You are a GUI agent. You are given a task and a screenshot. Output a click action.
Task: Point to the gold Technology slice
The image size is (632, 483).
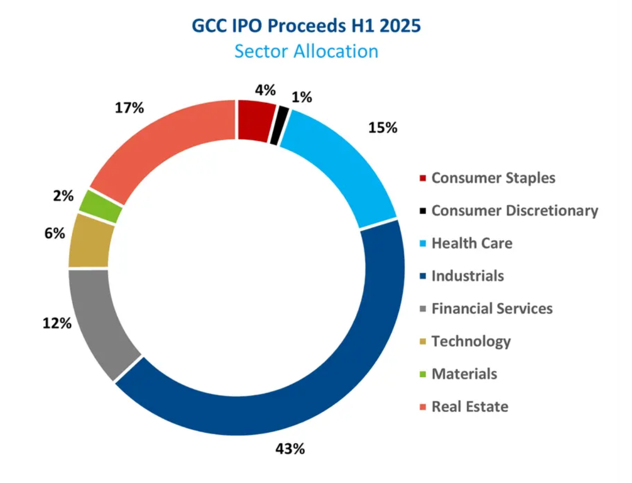tap(89, 241)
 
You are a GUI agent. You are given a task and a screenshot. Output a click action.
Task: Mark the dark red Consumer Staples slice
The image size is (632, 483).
tap(255, 121)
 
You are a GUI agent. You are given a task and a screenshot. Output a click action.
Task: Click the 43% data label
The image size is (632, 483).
tap(290, 449)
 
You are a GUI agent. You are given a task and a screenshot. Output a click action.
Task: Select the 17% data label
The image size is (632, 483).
tap(129, 108)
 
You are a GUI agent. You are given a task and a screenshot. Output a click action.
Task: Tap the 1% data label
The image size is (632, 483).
tap(301, 97)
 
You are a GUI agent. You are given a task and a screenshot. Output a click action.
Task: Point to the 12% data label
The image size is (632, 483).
tap(57, 323)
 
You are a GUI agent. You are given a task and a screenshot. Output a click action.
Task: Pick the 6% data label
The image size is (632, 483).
tap(54, 233)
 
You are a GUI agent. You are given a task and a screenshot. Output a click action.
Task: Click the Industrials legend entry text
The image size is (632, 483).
tap(467, 276)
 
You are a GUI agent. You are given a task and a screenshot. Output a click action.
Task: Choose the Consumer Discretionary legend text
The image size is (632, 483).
tap(514, 211)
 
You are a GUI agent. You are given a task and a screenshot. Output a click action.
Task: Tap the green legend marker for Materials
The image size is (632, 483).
tap(423, 375)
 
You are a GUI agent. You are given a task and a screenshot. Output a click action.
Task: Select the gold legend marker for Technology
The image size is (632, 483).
tap(423, 342)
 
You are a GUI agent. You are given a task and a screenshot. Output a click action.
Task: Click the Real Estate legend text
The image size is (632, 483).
tap(469, 407)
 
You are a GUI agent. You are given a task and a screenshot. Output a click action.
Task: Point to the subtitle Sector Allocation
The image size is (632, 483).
tap(306, 51)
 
